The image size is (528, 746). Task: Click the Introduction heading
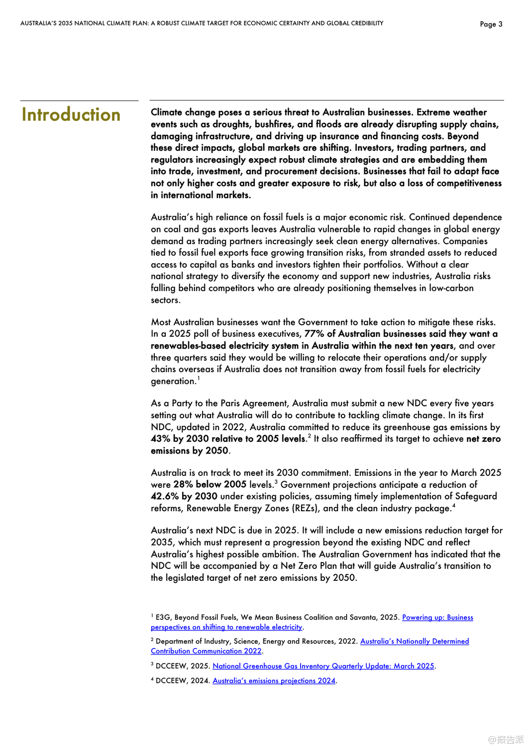coord(71,115)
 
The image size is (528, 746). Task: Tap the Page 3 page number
coord(491,24)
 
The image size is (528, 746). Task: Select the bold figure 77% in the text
coord(315,334)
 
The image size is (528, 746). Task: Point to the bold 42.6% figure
coord(165,496)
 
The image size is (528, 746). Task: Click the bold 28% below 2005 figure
coord(210,484)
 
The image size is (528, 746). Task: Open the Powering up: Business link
coord(437,617)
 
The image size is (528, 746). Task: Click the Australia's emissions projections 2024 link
coord(274,680)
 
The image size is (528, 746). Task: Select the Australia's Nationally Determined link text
coord(414,641)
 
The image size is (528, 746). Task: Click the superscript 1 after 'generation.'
coord(199,378)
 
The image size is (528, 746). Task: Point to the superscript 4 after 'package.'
coord(453,506)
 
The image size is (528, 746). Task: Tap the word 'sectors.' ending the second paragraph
coord(166,300)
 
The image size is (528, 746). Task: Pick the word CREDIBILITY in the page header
coord(367,23)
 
